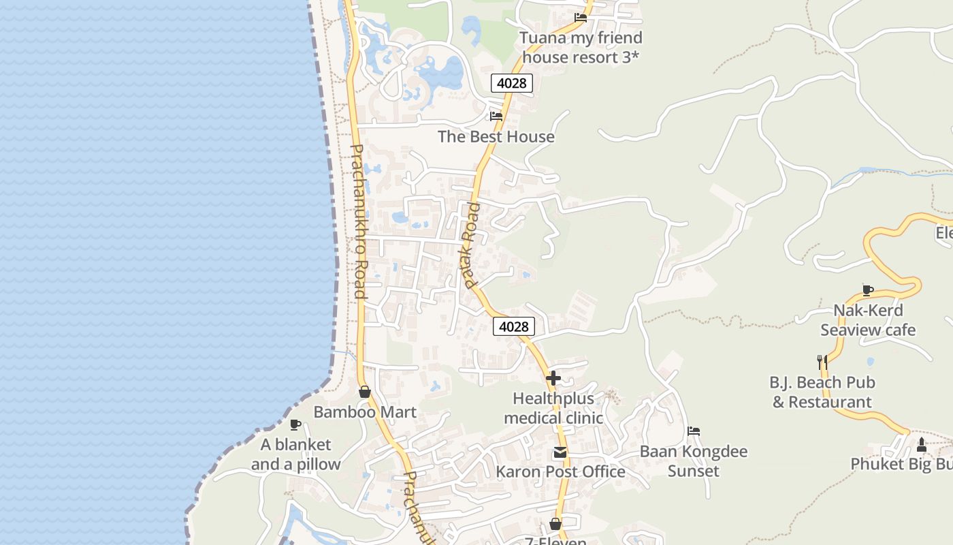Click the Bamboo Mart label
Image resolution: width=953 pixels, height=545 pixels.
coord(364,412)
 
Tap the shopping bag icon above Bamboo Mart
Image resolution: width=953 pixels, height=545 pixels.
coord(365,392)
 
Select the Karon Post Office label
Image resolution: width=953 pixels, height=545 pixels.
coord(560,471)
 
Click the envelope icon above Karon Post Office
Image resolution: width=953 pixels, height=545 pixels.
coord(560,452)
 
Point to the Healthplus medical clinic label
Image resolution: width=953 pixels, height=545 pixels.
coord(553,407)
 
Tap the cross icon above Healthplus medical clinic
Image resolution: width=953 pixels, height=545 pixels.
coord(553,377)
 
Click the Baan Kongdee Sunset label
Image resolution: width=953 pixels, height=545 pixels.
coord(693,461)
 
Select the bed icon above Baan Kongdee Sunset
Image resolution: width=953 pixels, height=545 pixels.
coord(694,431)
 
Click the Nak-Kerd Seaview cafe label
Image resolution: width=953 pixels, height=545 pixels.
coord(868,320)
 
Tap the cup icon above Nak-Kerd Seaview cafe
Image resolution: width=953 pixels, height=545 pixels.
coord(868,290)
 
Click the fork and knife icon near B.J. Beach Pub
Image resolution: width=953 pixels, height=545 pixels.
coord(822,361)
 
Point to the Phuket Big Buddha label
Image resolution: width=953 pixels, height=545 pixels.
coord(901,464)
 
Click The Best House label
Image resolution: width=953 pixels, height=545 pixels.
coord(496,136)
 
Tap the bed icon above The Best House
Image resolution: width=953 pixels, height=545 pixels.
coord(496,116)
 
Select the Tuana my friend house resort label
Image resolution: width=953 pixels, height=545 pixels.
coord(581,47)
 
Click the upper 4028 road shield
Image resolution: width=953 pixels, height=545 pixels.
coord(511,83)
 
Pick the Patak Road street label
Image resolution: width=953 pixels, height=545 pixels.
coord(469,245)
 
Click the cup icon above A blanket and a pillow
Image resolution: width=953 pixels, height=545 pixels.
coord(295,425)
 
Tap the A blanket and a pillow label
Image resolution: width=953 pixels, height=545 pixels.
coord(295,454)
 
